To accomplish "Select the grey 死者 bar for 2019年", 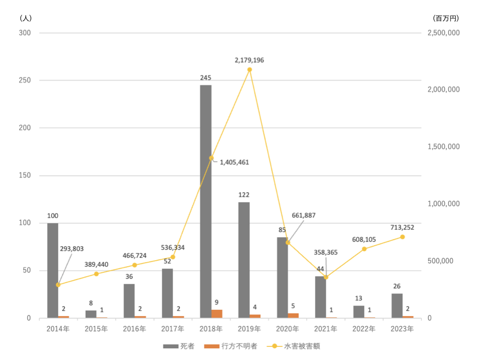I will (244, 260).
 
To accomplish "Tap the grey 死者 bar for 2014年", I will (52, 270).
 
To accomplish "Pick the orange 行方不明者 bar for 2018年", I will (217, 314).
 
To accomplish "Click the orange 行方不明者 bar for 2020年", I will (293, 315).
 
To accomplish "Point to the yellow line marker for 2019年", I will (249, 69).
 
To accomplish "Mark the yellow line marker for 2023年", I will (403, 237).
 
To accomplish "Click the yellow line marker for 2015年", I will (96, 274).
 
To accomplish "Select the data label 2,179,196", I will (249, 60).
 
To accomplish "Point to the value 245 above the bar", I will (206, 78).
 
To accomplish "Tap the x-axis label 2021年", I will (326, 329).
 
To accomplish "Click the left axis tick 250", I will (25, 80).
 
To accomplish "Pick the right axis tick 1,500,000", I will (443, 147).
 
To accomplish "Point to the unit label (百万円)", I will (446, 19).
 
